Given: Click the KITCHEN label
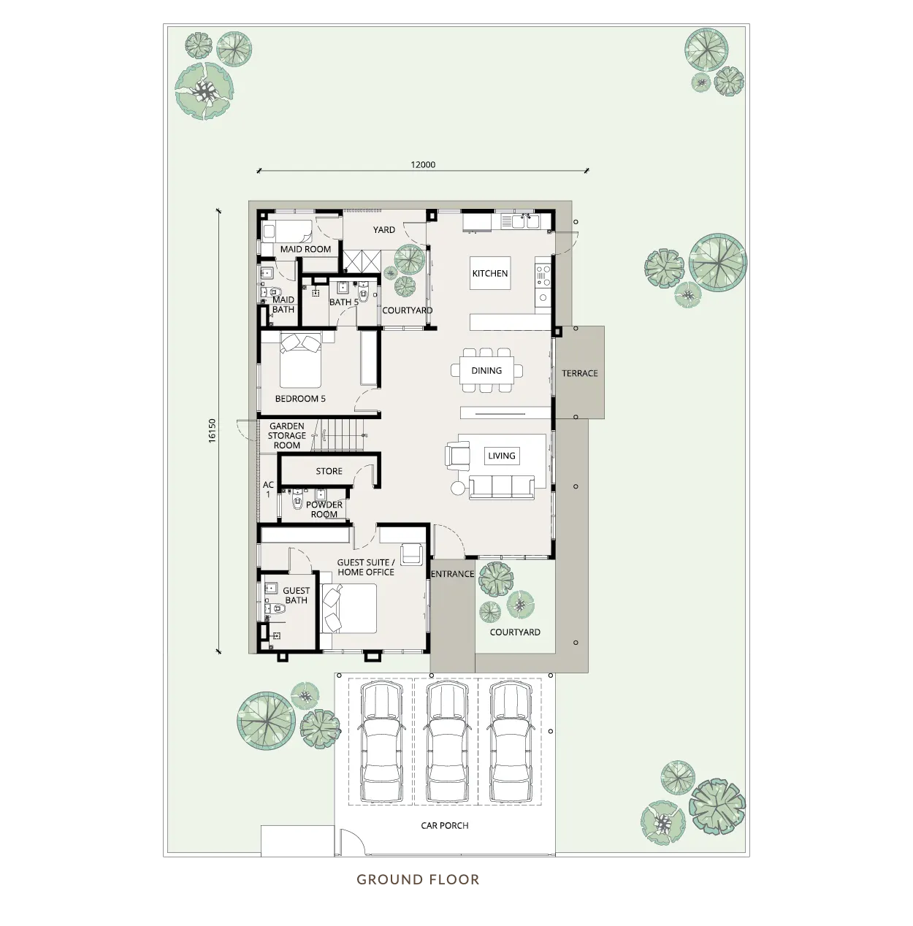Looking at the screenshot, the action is point(489,273).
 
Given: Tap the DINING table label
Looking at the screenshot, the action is point(486,370).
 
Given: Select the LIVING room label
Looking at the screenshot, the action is point(502,456).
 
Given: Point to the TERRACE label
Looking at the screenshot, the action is point(579,373).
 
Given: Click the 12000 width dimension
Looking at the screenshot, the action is point(423,165).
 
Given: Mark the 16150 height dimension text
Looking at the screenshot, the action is point(213,431).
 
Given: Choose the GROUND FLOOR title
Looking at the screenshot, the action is point(418,879).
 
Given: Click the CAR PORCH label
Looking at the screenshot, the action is point(444,825).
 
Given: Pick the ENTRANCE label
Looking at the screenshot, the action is point(452,574).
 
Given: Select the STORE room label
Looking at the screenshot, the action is point(329,472).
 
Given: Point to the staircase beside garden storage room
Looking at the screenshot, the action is point(338,435).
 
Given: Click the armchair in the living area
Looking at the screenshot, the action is point(457,454).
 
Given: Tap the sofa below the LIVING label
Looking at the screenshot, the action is point(502,487).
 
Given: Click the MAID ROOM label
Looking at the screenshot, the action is point(305,250).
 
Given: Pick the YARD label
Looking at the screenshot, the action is point(383,230).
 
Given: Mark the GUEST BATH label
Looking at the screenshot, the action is point(296,595).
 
